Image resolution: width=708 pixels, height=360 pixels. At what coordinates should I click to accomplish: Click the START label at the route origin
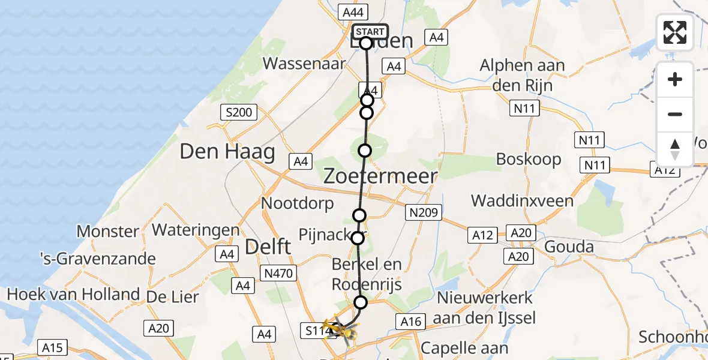370,32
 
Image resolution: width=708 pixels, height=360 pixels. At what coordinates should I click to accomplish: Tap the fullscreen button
675,32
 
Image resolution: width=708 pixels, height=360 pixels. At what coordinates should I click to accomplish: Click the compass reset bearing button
675,149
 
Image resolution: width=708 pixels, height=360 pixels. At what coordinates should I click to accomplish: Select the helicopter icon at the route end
340,329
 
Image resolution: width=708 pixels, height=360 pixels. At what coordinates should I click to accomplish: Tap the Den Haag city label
227,151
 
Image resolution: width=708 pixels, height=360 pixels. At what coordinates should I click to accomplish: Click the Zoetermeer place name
380,176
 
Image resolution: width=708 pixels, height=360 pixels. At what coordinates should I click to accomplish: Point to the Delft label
269,246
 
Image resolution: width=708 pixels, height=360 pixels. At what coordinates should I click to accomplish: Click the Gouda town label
569,246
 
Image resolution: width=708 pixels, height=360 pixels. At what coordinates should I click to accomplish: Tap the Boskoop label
529,159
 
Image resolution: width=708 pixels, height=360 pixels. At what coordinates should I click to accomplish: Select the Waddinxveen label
522,200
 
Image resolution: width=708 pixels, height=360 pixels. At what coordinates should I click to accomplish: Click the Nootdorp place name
297,203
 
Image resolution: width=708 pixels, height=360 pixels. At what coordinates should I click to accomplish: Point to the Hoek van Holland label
73,294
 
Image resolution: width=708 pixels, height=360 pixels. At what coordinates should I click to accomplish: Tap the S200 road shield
239,112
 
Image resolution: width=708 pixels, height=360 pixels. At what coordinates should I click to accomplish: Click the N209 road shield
424,212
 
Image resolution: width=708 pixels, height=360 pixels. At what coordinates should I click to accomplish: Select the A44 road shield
354,11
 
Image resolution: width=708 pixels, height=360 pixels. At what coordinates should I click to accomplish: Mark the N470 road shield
278,274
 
